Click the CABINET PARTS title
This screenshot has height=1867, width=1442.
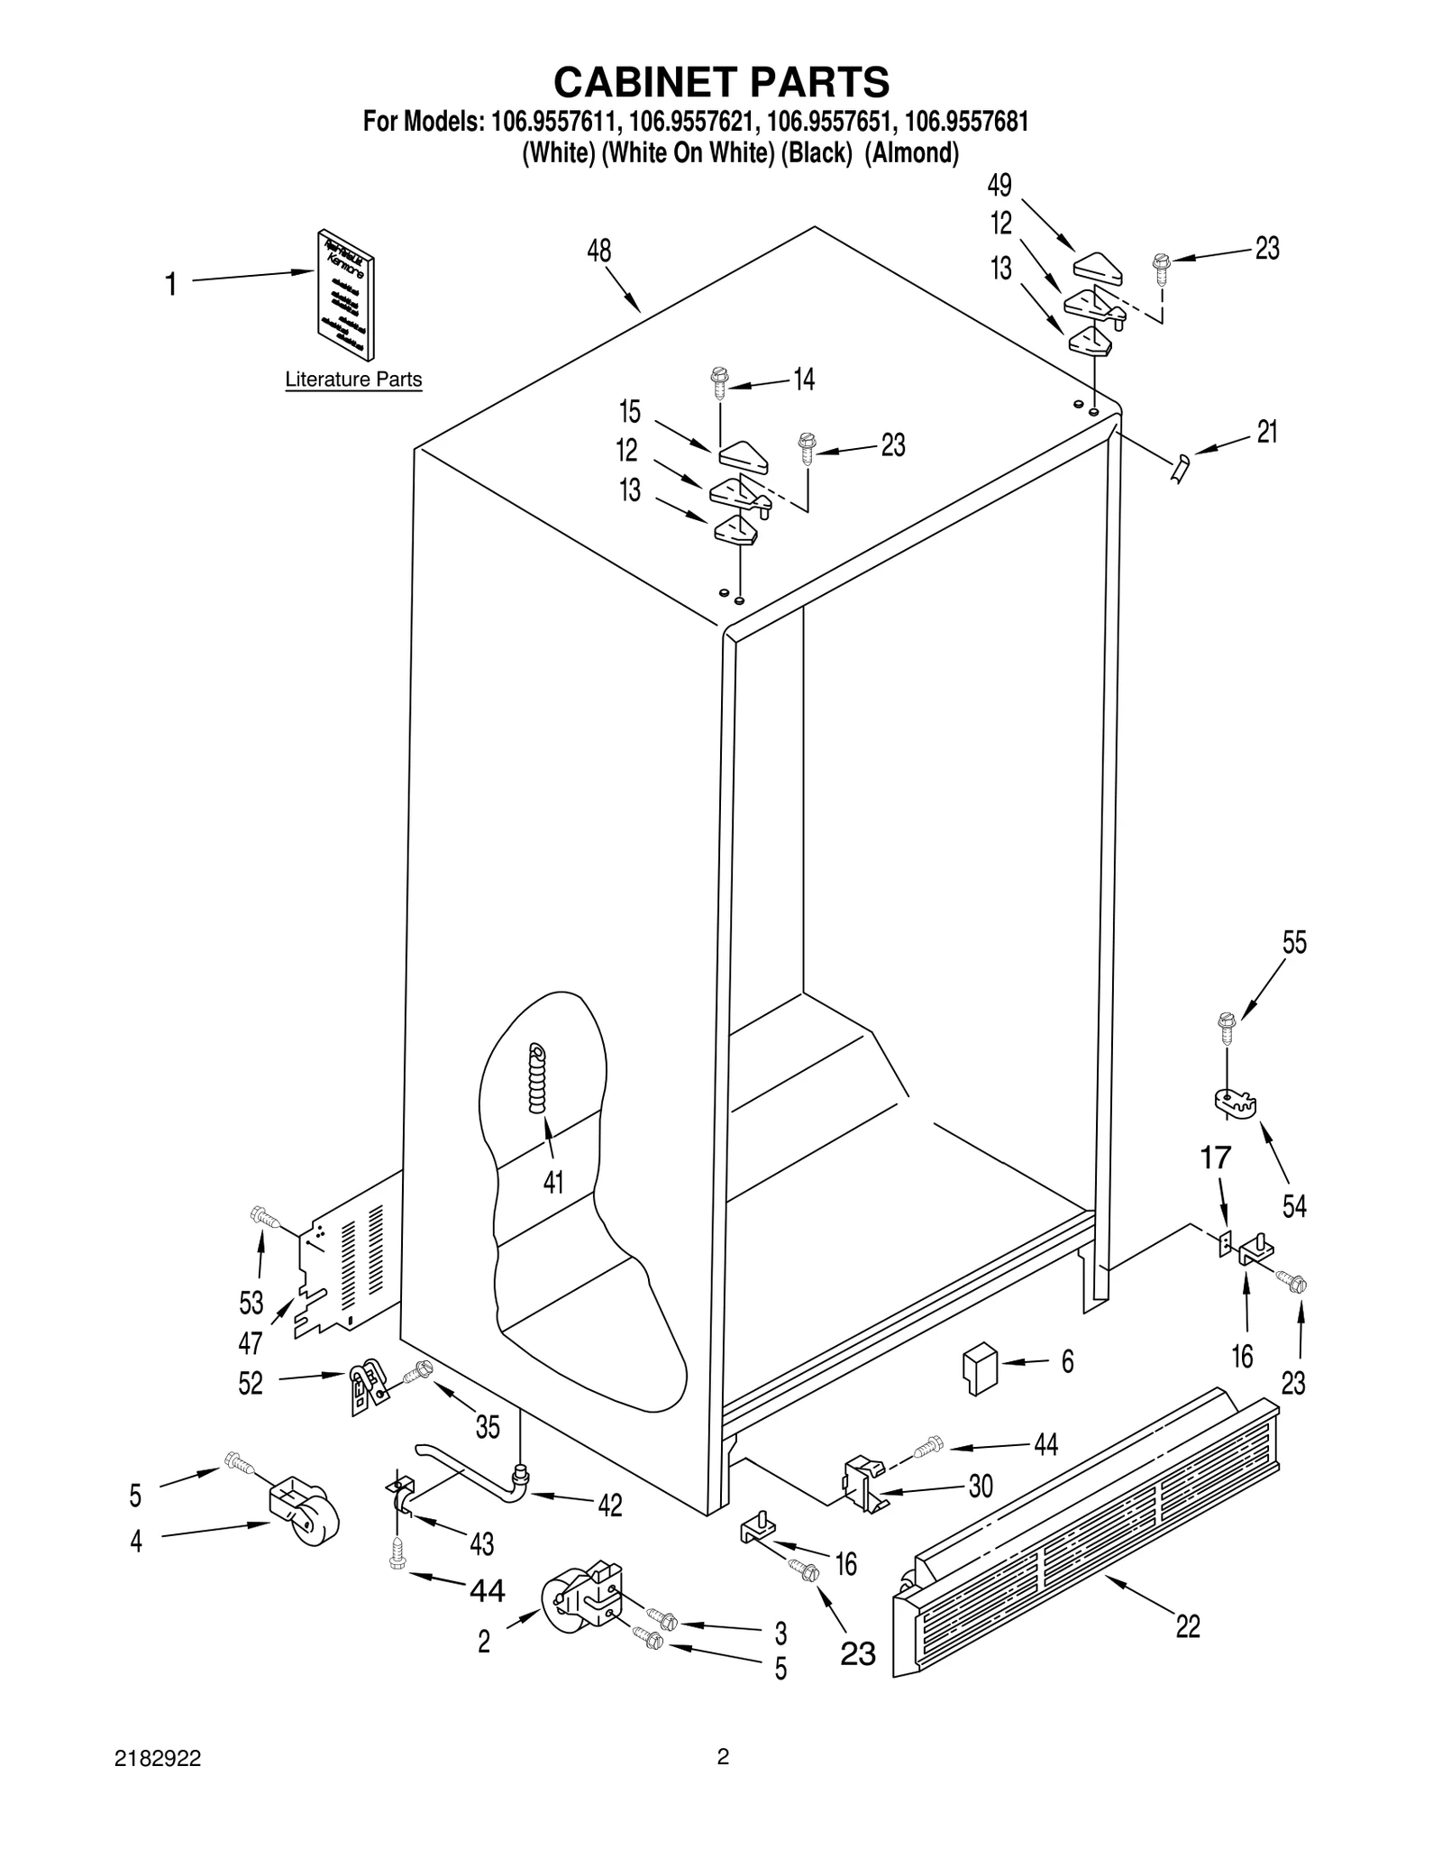[721, 82]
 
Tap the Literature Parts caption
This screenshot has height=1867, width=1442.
[353, 380]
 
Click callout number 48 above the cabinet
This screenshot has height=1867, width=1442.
[599, 251]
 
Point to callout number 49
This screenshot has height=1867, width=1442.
[999, 186]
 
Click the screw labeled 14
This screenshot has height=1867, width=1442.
[719, 383]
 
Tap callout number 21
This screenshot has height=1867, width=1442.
[1267, 433]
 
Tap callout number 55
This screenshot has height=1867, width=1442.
[1294, 943]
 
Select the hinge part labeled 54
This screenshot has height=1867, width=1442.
[1233, 1103]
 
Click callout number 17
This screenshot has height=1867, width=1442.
[1215, 1158]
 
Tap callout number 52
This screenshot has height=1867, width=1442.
[251, 1383]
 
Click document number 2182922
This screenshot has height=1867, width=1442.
[159, 1759]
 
